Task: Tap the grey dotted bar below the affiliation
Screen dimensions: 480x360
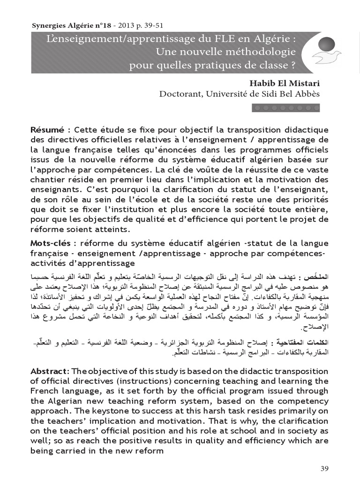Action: tap(286, 108)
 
